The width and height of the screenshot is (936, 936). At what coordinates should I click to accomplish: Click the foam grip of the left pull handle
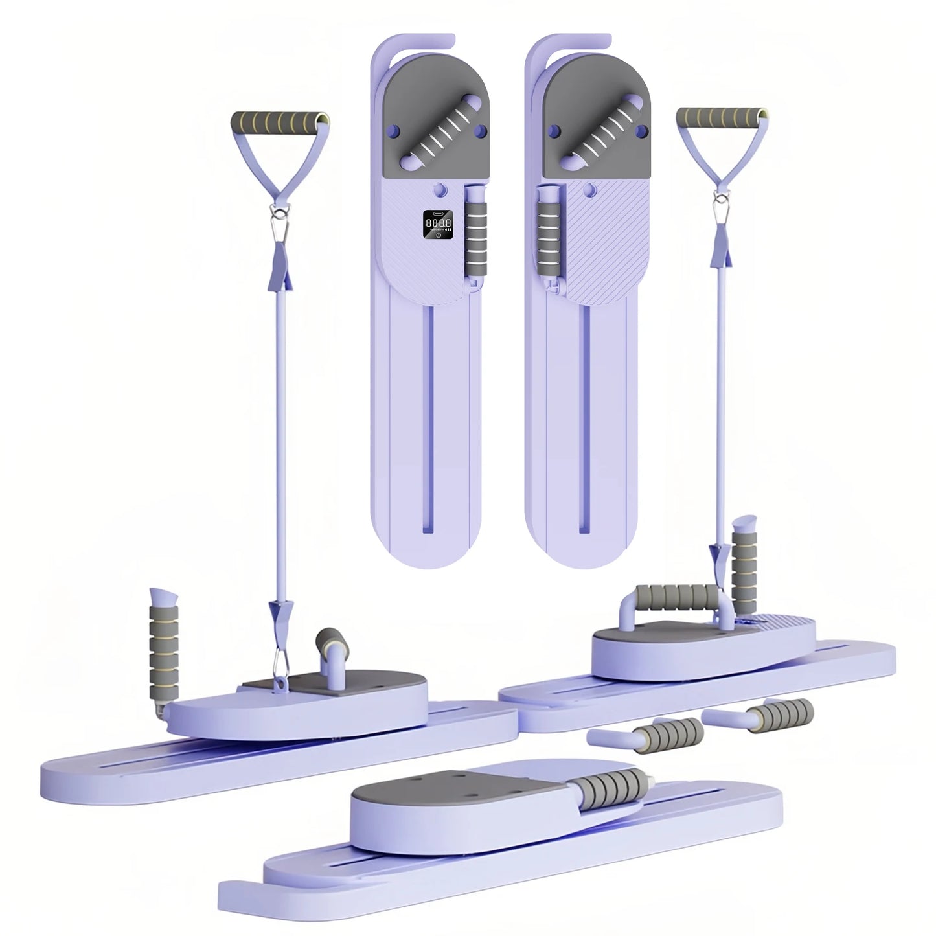pyautogui.click(x=277, y=122)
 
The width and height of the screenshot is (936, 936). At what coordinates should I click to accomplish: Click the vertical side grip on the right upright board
pyautogui.click(x=547, y=240)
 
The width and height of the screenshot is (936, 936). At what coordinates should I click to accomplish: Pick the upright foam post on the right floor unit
pyautogui.click(x=741, y=556)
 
